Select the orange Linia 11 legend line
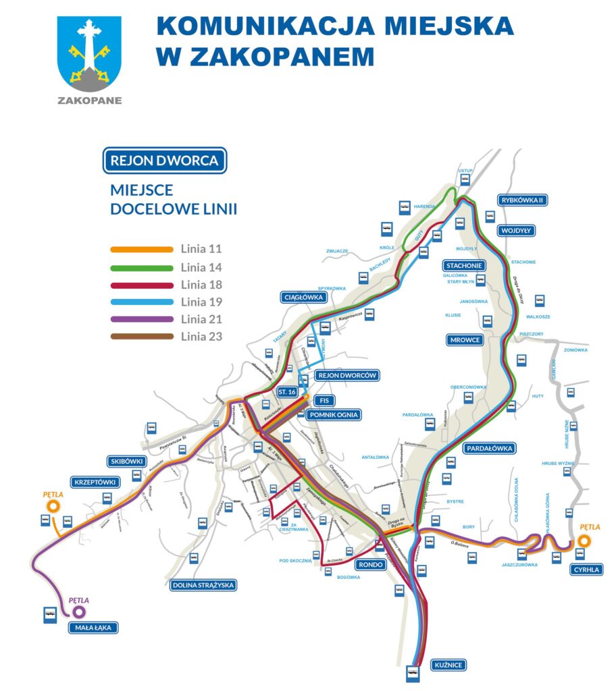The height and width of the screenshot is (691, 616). point(141,249)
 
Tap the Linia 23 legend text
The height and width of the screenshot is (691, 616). point(201,337)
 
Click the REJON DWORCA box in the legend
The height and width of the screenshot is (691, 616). point(164,161)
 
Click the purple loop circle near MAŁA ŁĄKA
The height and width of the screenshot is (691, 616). point(79,611)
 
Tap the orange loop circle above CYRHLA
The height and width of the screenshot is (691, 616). point(584,541)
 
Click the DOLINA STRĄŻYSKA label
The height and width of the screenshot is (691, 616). point(203,585)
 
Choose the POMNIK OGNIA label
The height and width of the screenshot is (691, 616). point(333,415)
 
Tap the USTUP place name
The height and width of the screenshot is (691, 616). point(465,171)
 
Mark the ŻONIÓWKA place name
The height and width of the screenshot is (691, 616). point(577,350)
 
